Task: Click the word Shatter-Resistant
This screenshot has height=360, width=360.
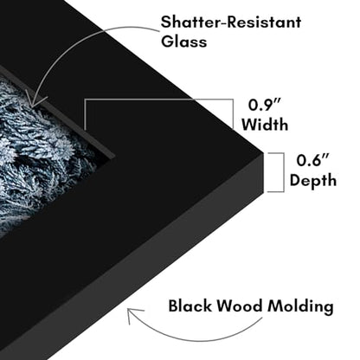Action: pyautogui.click(x=231, y=22)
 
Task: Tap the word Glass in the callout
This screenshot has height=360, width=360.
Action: pyautogui.click(x=183, y=41)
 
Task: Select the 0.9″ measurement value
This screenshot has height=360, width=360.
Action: pyautogui.click(x=265, y=105)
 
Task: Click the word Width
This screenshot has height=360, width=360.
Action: pyautogui.click(x=265, y=125)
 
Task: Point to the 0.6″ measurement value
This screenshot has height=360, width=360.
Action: pyautogui.click(x=312, y=160)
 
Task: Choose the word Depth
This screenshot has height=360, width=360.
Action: pyautogui.click(x=313, y=181)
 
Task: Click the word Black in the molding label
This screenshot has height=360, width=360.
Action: pyautogui.click(x=190, y=305)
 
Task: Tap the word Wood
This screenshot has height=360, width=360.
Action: pyautogui.click(x=240, y=305)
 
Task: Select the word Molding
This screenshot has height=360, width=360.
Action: pyautogui.click(x=300, y=307)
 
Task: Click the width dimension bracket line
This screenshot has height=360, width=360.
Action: pyautogui.click(x=158, y=100)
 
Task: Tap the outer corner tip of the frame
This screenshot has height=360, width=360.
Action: pyautogui.click(x=263, y=153)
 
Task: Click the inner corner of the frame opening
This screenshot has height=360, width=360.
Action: pyautogui.click(x=115, y=157)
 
